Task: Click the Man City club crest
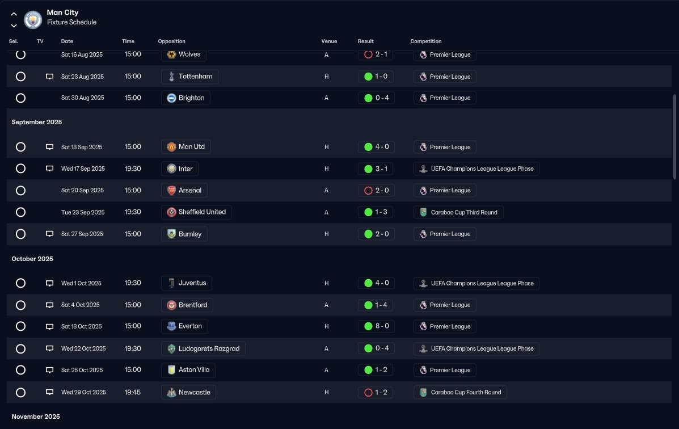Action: pyautogui.click(x=33, y=19)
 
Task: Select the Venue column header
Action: pyautogui.click(x=329, y=41)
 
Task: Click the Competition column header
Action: pyautogui.click(x=425, y=41)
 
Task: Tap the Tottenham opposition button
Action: pyautogui.click(x=189, y=77)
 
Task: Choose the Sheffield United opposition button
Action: pyautogui.click(x=196, y=212)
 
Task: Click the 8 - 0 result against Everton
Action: pyautogui.click(x=376, y=326)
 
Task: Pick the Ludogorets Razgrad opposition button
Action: pyautogui.click(x=203, y=348)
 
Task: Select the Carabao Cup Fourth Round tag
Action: pyautogui.click(x=460, y=392)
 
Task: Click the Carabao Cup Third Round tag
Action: pyautogui.click(x=458, y=212)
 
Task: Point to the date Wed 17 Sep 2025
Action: pyautogui.click(x=83, y=169)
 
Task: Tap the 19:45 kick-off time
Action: pyautogui.click(x=133, y=392)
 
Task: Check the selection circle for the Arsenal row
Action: pyautogui.click(x=21, y=191)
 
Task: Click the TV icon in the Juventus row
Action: pyautogui.click(x=49, y=283)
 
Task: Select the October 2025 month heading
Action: pyautogui.click(x=32, y=259)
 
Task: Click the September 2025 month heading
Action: pyautogui.click(x=37, y=122)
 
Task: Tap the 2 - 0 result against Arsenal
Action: pyautogui.click(x=376, y=191)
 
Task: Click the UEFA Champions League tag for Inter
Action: pyautogui.click(x=476, y=169)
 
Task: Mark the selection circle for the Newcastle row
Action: pyautogui.click(x=21, y=392)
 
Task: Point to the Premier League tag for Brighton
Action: pyautogui.click(x=445, y=98)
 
